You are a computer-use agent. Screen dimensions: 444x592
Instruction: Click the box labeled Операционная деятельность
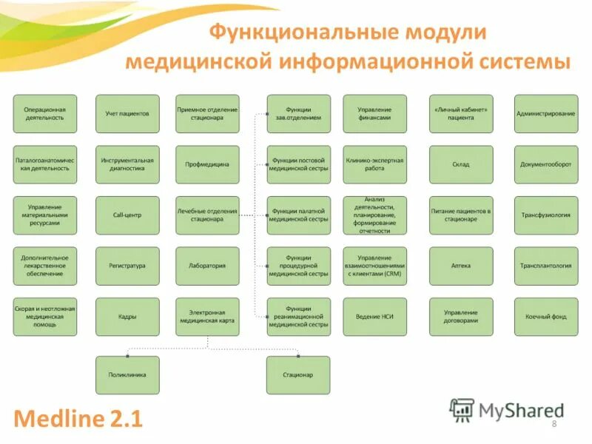(45, 114)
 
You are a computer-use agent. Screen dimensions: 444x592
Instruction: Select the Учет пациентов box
(127, 114)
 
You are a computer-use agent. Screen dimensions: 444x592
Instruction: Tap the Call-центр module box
(127, 215)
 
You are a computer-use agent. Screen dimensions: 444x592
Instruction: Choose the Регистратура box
(127, 266)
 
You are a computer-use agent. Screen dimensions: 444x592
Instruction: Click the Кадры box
(127, 317)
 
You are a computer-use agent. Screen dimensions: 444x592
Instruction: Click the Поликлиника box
(127, 374)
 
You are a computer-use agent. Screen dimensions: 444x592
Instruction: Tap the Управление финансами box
(374, 114)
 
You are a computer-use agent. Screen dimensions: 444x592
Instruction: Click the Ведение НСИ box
(374, 317)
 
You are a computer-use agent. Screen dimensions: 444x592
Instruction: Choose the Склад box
(461, 164)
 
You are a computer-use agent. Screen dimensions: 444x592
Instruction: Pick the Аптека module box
(461, 266)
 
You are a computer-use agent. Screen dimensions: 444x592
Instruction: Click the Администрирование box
(546, 114)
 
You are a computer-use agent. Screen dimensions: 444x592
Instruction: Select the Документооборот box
(546, 164)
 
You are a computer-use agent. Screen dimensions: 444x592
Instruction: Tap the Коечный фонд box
(546, 317)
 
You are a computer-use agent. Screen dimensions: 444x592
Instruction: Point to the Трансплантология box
(546, 266)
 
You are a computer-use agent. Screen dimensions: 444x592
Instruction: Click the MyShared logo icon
(462, 409)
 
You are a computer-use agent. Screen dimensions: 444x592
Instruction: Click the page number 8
(554, 423)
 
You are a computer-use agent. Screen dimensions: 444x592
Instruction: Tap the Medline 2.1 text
(78, 419)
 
